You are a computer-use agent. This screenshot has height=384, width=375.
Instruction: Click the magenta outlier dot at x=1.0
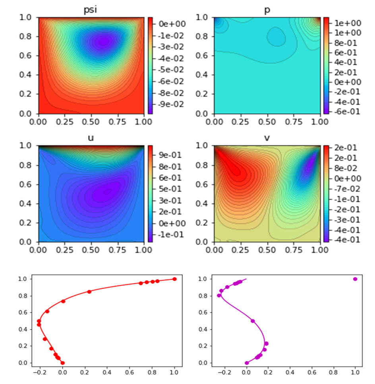[x=355, y=279]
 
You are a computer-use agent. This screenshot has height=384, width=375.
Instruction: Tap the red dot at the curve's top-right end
[x=174, y=279]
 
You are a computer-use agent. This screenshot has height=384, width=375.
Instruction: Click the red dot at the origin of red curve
[x=62, y=363]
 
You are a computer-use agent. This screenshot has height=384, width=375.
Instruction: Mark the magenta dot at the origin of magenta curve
[x=247, y=363]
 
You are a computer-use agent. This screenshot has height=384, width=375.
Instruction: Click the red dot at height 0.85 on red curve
[x=89, y=292]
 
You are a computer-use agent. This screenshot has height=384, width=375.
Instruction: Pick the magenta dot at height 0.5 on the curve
[x=253, y=321]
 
